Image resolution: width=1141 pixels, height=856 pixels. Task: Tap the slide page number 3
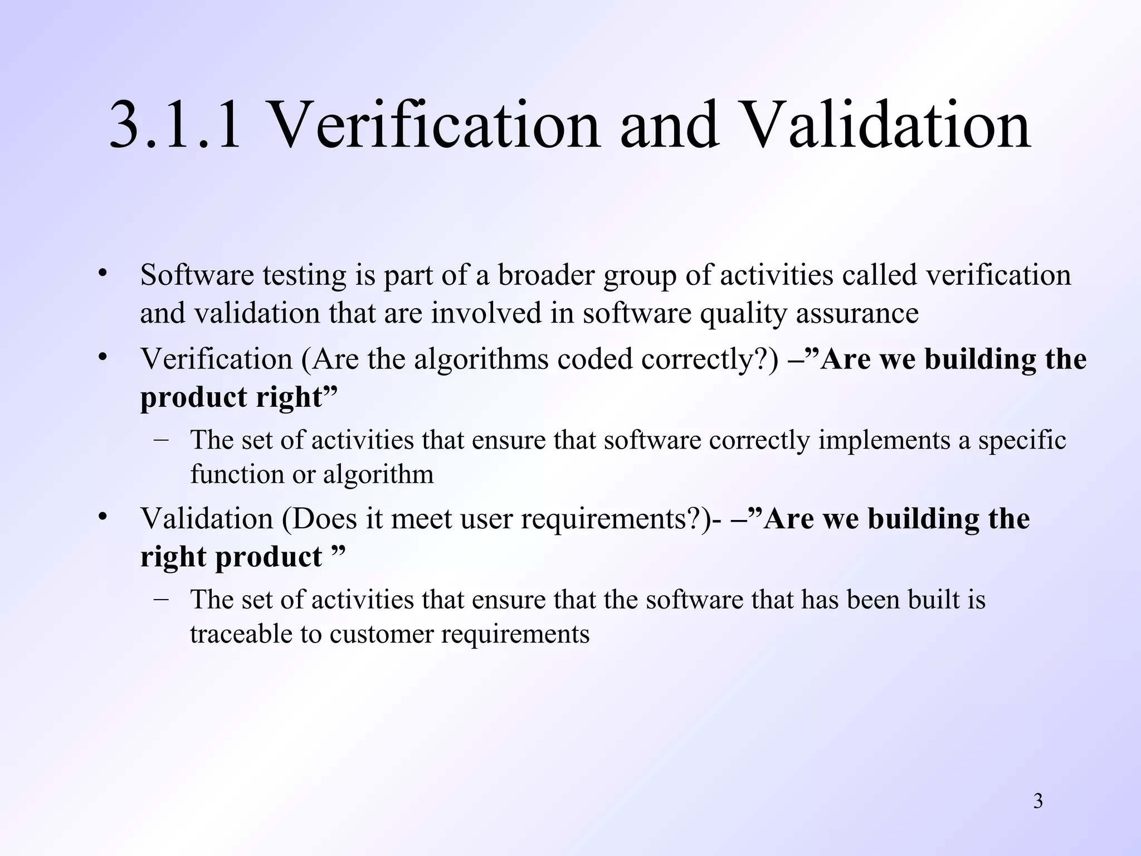click(x=1038, y=801)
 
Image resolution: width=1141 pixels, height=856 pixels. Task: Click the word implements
click(x=884, y=440)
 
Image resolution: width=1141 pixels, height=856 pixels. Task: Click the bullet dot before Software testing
click(x=102, y=274)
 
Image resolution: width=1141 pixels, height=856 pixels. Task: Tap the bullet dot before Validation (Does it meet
click(x=102, y=518)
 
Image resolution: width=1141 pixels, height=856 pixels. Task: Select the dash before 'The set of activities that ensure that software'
click(x=162, y=439)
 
